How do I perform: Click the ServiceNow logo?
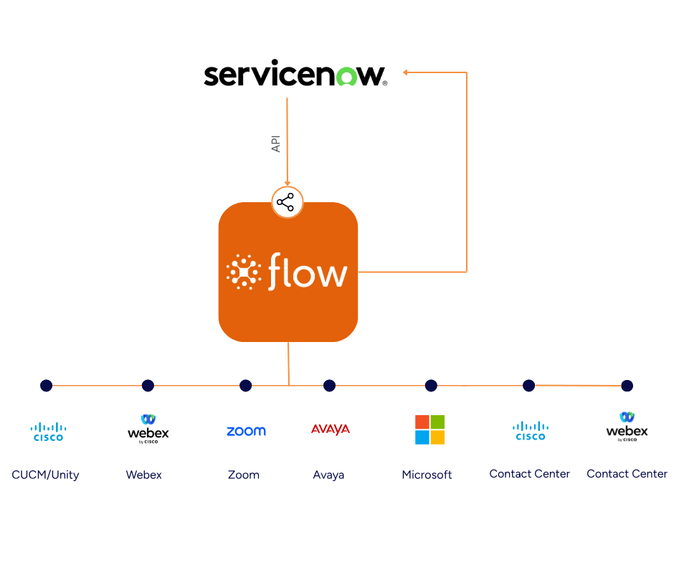tap(295, 75)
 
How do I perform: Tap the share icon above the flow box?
tap(287, 203)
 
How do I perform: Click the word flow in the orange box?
tap(308, 273)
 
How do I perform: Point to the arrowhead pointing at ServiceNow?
tap(405, 72)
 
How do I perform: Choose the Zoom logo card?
tap(246, 428)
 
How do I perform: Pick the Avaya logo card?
tap(331, 428)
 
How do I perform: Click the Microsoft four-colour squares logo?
tap(429, 429)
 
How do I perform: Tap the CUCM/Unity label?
tap(46, 475)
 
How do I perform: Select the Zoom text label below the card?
tap(244, 475)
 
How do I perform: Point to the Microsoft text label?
tap(427, 475)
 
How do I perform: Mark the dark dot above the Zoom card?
tap(245, 386)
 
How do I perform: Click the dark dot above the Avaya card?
tap(329, 386)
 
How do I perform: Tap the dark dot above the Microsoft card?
tap(431, 386)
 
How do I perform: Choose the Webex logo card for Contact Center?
tap(627, 427)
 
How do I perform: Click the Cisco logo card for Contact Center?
tap(529, 428)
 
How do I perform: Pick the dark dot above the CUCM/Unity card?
tap(47, 386)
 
